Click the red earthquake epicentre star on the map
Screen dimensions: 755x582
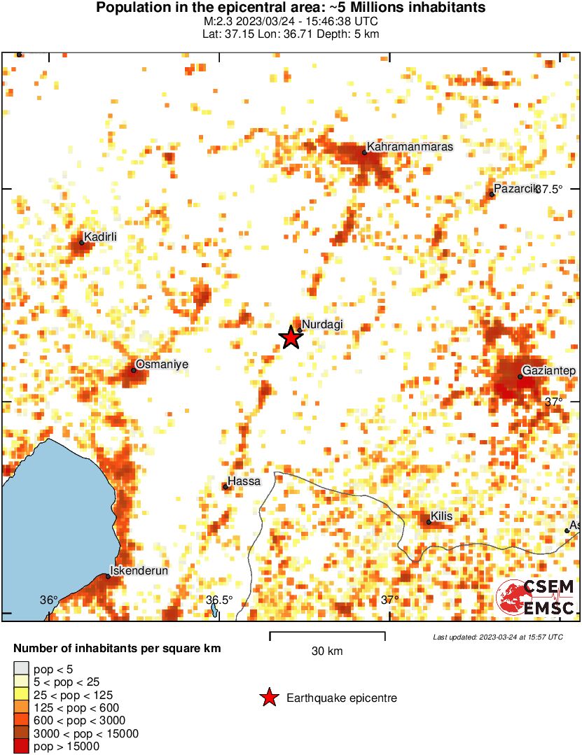pyautogui.click(x=290, y=337)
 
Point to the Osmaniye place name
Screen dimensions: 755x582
pyautogui.click(x=162, y=365)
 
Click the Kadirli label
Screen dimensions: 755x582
pyautogui.click(x=100, y=237)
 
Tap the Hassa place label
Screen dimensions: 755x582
pyautogui.click(x=244, y=481)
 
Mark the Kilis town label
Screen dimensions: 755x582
pyautogui.click(x=442, y=516)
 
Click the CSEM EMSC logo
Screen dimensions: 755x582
pyautogui.click(x=536, y=598)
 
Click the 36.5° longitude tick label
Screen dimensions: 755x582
pyautogui.click(x=219, y=600)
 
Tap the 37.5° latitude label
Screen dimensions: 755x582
pyautogui.click(x=550, y=189)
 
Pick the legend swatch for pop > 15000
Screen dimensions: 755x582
pyautogui.click(x=21, y=747)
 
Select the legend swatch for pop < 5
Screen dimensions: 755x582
pyautogui.click(x=21, y=670)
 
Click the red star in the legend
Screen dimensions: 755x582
pyautogui.click(x=268, y=698)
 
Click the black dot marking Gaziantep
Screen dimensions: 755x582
pyautogui.click(x=520, y=376)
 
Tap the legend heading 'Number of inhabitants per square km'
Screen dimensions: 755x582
pyautogui.click(x=117, y=649)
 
